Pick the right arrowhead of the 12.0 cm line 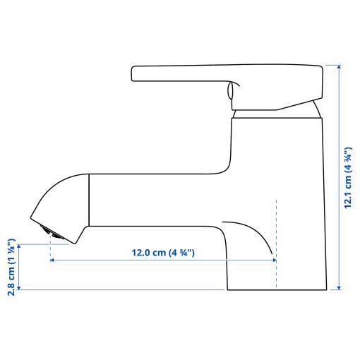(x=273, y=260)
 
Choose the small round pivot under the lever (x=230, y=91)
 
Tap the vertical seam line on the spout (x=89, y=200)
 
